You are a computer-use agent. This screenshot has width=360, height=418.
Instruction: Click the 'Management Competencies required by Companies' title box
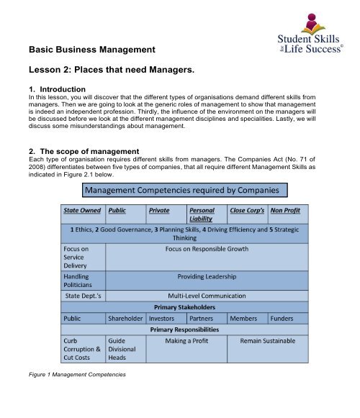coord(184,190)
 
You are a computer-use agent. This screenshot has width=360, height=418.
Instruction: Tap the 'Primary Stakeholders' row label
coord(187,307)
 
